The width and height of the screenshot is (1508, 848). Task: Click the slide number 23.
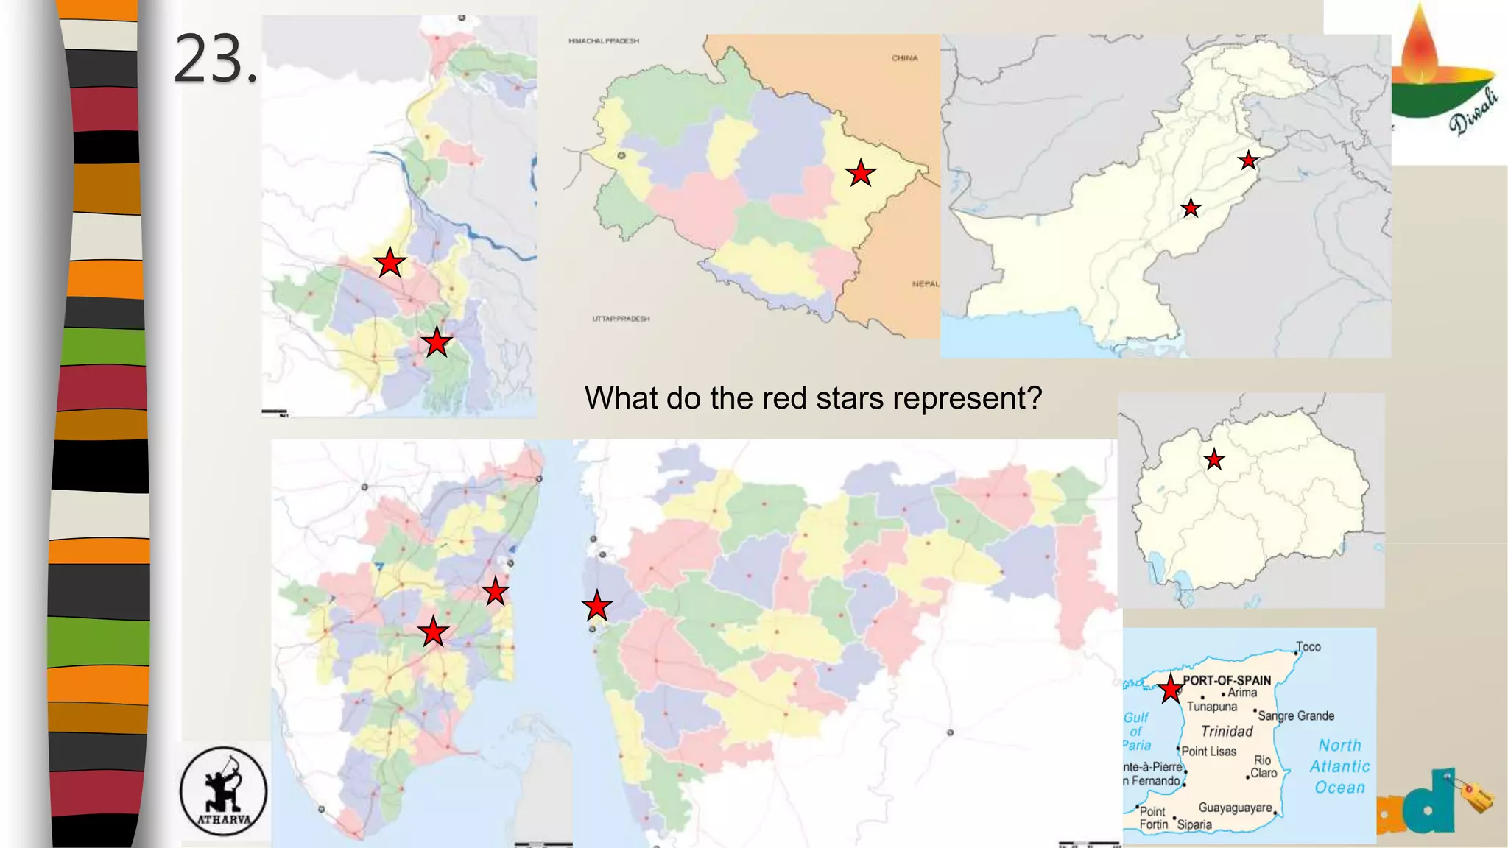click(215, 59)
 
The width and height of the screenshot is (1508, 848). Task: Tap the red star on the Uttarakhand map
click(860, 174)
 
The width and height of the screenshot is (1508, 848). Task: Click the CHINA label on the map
click(904, 58)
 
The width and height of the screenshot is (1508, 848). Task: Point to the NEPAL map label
click(925, 284)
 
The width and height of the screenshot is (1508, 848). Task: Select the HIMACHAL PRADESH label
click(604, 41)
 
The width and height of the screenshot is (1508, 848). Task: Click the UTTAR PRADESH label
click(621, 319)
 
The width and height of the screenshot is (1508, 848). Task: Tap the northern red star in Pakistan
click(1248, 160)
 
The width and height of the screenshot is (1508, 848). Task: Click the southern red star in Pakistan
click(1191, 209)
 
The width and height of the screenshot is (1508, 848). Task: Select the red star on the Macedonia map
click(1214, 460)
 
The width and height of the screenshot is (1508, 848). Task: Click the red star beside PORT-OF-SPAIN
click(1170, 690)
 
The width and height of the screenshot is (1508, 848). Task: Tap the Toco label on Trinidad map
click(1308, 647)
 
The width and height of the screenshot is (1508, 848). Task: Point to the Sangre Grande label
click(1296, 715)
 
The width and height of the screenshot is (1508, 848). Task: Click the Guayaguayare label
click(1235, 808)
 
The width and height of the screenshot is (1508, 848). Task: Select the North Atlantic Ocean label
click(1339, 766)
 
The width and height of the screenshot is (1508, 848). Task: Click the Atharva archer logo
click(224, 791)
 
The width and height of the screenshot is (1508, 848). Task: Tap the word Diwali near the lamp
click(1474, 113)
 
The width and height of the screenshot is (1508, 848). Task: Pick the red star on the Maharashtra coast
click(596, 607)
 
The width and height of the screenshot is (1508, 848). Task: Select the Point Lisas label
click(1208, 752)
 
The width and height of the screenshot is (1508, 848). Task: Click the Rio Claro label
click(1263, 766)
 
